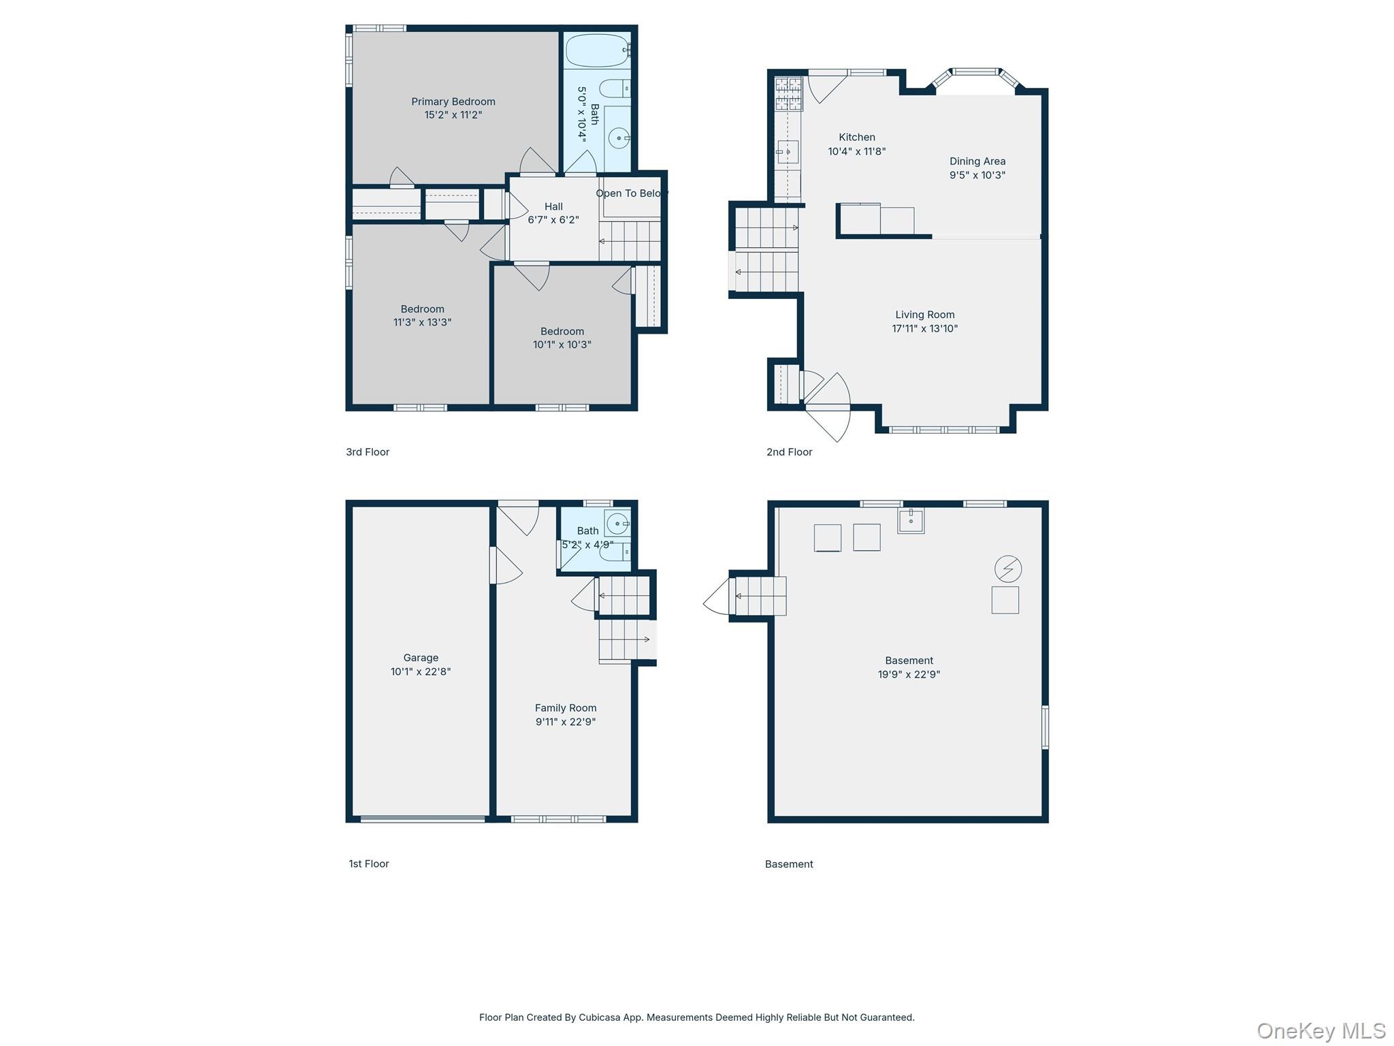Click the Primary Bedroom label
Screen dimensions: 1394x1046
(453, 101)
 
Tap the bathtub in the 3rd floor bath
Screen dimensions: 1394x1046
(598, 50)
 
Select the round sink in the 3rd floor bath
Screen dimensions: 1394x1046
(618, 139)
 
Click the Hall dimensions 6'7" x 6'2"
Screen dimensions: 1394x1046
(553, 220)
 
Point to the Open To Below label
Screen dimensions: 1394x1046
(632, 193)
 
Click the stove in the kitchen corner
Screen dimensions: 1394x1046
(789, 93)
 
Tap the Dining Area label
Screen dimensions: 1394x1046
(977, 161)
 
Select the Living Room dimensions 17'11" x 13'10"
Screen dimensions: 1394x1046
(925, 328)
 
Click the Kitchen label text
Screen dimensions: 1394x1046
(857, 138)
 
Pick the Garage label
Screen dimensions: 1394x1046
(421, 658)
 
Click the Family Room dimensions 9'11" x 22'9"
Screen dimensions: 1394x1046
(566, 722)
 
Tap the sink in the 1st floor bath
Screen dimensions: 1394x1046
(617, 524)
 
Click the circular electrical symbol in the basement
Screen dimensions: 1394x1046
(1008, 569)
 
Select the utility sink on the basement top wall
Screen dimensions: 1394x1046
(911, 520)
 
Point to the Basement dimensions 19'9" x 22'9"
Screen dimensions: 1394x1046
(909, 674)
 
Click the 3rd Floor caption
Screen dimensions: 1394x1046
(368, 452)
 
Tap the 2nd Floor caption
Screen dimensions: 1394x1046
(790, 452)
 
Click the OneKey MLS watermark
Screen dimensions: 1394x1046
(1321, 1030)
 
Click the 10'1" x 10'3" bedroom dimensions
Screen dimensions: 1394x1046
(562, 345)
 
